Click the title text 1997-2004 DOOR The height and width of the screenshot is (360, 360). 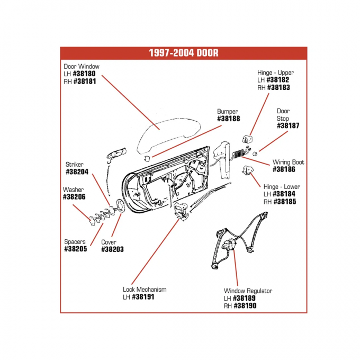183,53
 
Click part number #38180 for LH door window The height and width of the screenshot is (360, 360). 84,74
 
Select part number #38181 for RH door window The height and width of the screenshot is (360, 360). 85,82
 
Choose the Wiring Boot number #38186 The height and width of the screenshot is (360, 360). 288,169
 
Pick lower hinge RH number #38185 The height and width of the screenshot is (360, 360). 284,202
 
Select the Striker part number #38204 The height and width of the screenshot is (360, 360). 77,172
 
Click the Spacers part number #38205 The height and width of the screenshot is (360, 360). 75,249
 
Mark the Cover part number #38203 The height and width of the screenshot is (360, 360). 112,249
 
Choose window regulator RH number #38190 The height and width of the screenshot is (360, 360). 245,305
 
